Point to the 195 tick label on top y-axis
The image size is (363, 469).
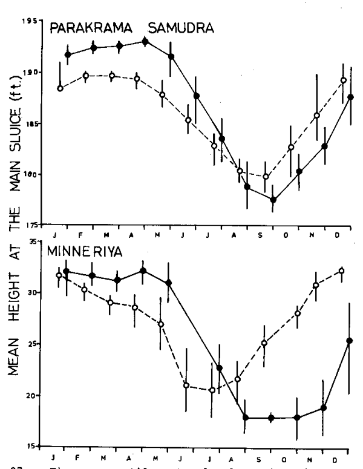[27, 22]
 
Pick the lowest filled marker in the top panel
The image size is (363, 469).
[273, 200]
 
